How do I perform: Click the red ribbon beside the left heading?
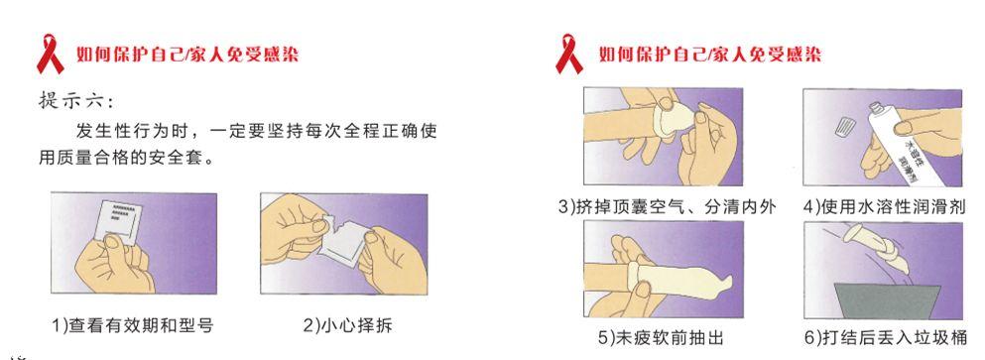[50, 54]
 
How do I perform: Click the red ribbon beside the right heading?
[568, 54]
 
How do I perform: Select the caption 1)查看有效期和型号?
[133, 325]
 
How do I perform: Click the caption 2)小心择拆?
[348, 325]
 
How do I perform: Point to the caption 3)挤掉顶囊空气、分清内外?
[668, 206]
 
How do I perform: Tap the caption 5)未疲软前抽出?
[661, 338]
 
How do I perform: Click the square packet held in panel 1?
[119, 219]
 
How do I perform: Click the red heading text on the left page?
[187, 55]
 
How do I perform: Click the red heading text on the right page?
[710, 55]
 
